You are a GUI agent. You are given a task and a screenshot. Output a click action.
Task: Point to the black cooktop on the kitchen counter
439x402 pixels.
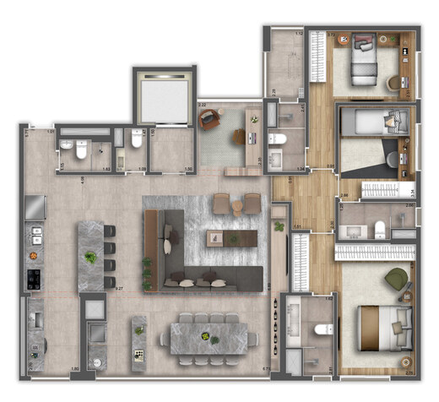coord(35,276)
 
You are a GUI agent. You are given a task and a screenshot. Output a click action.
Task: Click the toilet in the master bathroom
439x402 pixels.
coord(320,330)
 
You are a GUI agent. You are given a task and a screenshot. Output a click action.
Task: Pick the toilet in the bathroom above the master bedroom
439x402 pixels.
coord(379,228)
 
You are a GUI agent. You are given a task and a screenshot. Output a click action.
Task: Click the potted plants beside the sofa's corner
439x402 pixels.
coord(149,272)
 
